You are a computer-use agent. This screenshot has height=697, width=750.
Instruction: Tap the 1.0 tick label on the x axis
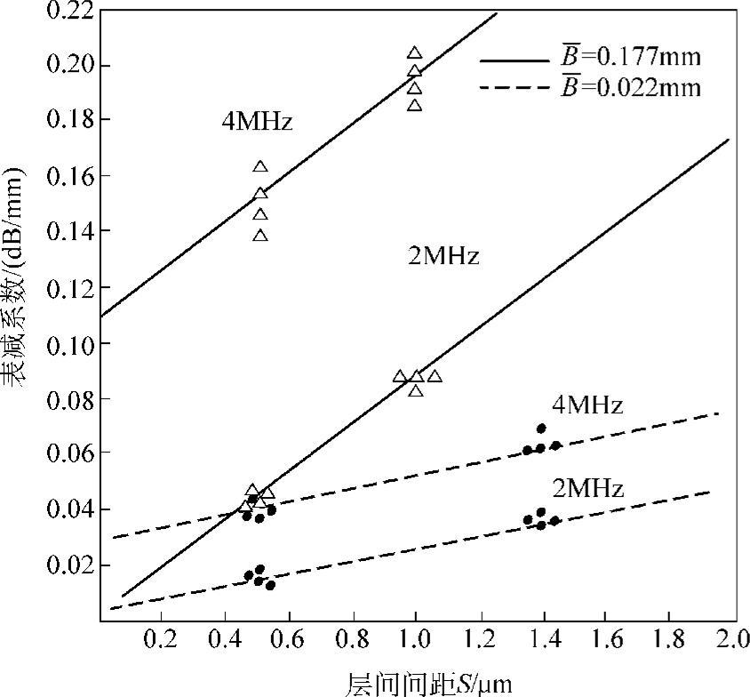tap(415, 638)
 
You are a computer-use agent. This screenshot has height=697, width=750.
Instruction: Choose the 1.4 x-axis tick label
tap(541, 638)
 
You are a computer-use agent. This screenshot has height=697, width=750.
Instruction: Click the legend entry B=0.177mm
tap(630, 59)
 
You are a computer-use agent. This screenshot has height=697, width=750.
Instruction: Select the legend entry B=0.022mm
tap(630, 87)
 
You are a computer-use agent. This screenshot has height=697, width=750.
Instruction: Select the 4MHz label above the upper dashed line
tap(587, 406)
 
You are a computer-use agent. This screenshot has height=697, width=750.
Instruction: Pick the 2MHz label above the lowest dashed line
tap(587, 488)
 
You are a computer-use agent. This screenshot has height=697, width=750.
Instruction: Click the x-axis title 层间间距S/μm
tap(427, 683)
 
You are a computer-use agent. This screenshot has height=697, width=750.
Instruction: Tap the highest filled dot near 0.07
tap(541, 429)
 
